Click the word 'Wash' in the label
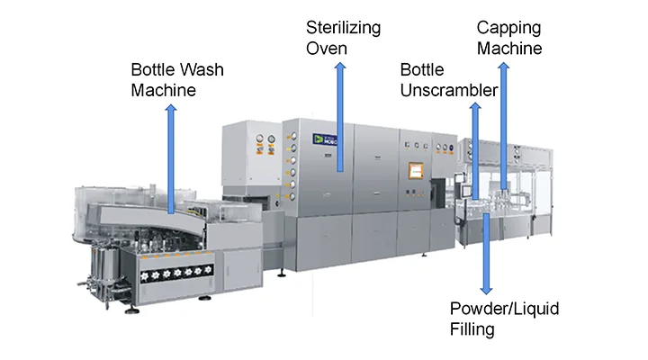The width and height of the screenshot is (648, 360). click(x=196, y=70)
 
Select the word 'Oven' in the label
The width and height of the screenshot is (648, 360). click(x=327, y=47)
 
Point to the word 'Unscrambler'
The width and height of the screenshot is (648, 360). click(x=449, y=90)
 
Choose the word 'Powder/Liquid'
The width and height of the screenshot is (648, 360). click(x=505, y=309)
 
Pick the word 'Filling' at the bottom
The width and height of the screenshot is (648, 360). click(x=472, y=329)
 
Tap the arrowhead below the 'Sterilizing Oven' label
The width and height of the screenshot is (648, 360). click(x=339, y=70)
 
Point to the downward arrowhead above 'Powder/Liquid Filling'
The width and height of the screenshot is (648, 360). click(x=486, y=290)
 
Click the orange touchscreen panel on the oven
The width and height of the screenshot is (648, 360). click(x=415, y=171)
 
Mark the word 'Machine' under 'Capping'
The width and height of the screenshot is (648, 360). click(x=509, y=49)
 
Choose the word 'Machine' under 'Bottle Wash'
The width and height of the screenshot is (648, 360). click(x=164, y=91)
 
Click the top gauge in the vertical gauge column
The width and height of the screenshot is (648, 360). click(x=291, y=135)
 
